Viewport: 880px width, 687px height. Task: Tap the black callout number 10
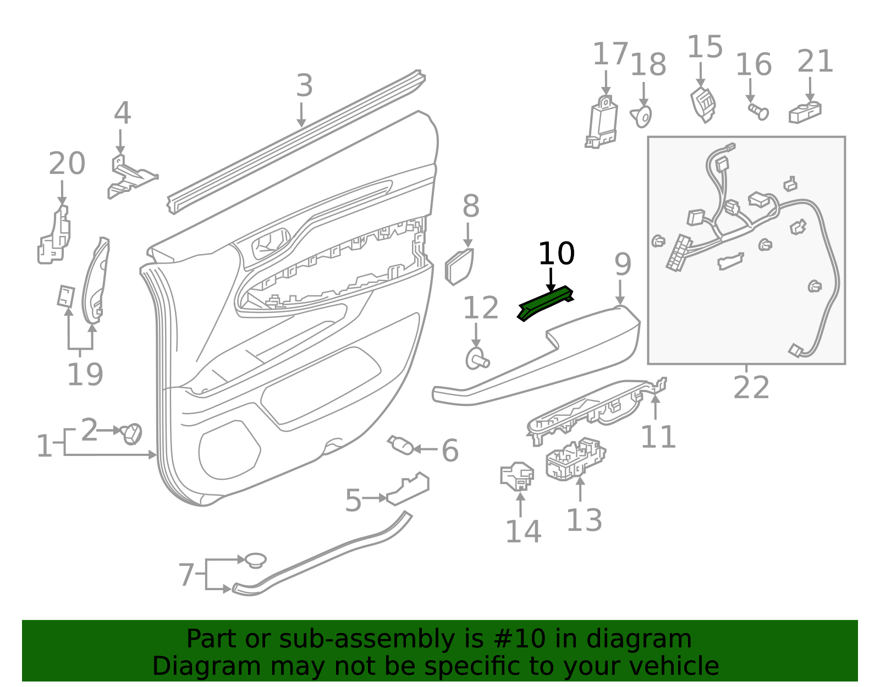[557, 254]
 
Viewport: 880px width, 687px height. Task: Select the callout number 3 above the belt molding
[305, 85]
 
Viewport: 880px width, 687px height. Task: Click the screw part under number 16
[758, 111]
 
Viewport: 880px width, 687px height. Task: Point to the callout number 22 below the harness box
[751, 387]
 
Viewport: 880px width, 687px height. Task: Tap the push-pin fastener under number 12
[477, 359]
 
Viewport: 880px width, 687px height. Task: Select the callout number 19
[85, 375]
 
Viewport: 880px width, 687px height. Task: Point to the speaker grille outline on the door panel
[229, 450]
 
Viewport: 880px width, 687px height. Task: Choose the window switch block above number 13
[576, 459]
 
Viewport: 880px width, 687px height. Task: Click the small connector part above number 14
[517, 476]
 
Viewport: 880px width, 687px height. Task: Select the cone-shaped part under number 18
[641, 117]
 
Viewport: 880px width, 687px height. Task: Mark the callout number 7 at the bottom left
[186, 575]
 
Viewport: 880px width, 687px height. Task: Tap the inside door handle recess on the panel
[271, 243]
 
